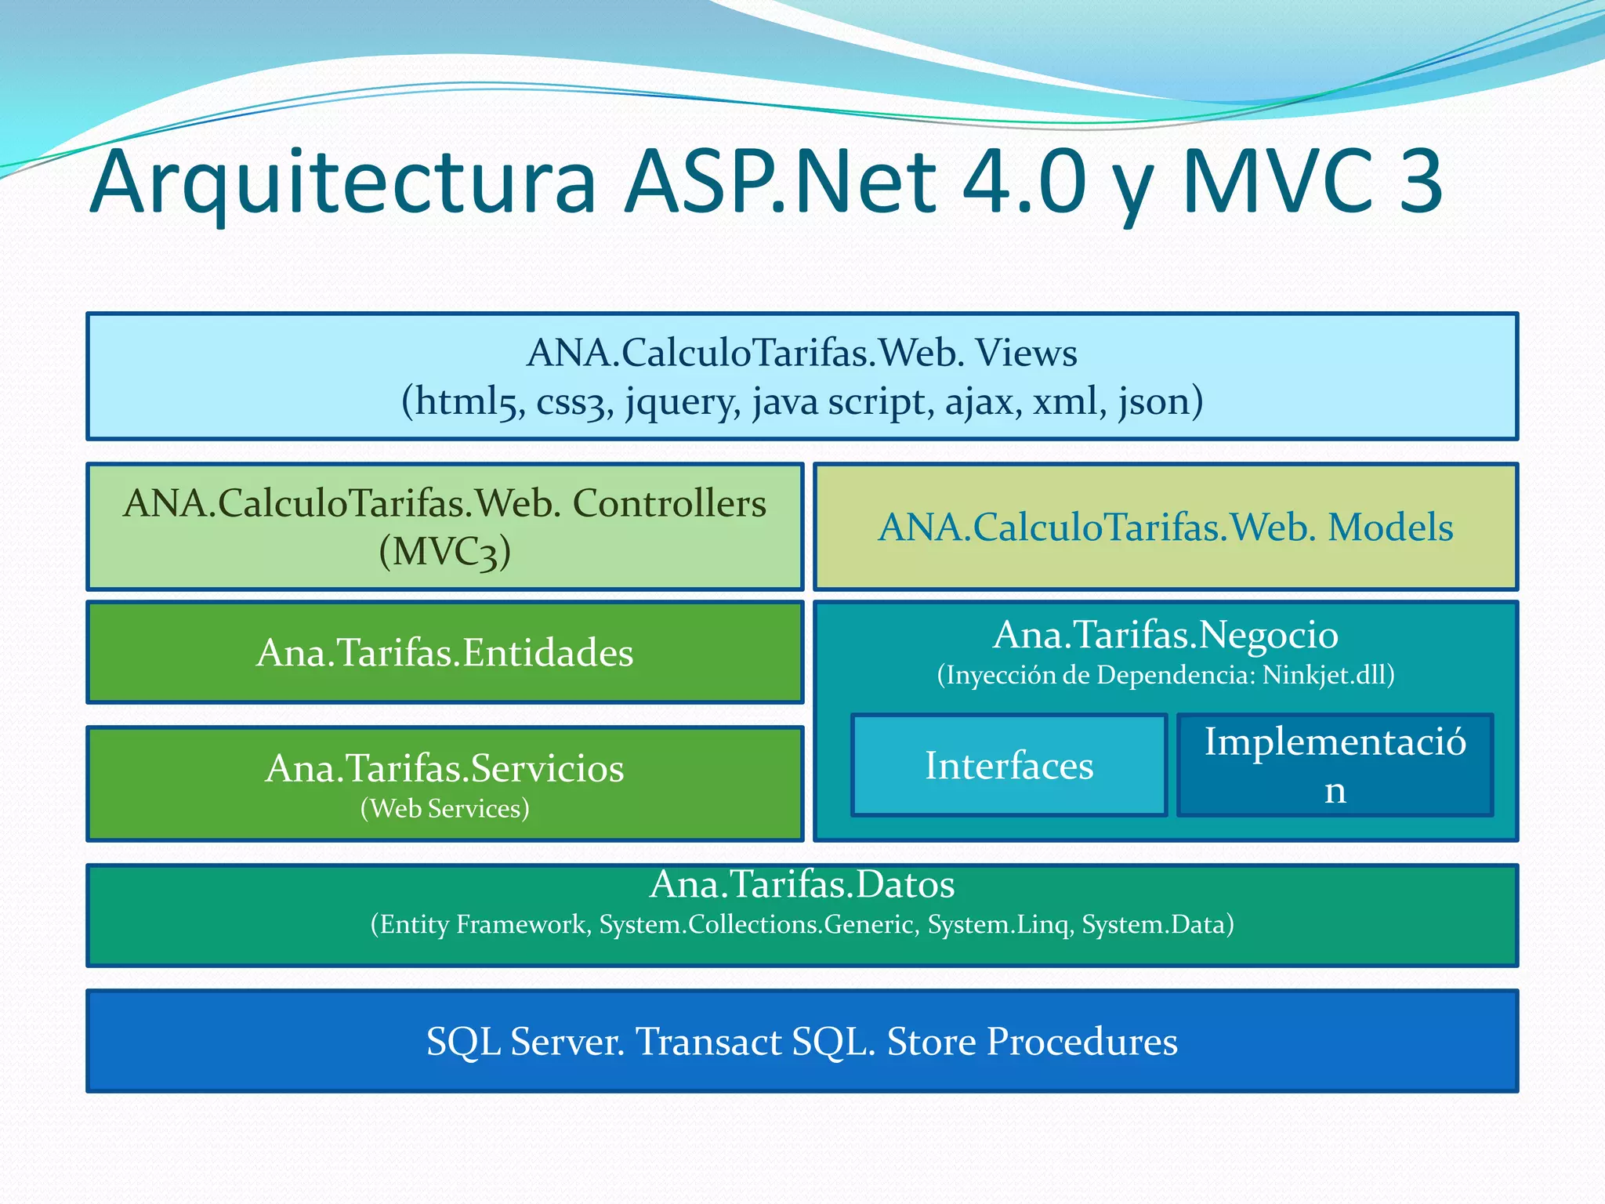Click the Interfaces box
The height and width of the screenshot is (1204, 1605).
[1009, 766]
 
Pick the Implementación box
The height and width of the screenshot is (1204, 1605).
[1335, 766]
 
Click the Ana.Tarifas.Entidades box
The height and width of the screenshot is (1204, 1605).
[444, 652]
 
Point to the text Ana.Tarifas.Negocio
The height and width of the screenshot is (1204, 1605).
[1165, 635]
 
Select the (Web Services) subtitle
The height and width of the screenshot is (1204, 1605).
[444, 808]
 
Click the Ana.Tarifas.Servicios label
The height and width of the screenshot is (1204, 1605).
[444, 768]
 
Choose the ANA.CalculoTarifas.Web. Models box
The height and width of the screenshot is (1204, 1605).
[1165, 527]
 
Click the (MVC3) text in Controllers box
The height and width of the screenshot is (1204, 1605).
[444, 551]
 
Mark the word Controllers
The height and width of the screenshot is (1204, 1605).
[669, 503]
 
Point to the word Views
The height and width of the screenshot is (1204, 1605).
[1026, 353]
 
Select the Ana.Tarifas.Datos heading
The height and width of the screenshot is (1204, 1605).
[802, 884]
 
